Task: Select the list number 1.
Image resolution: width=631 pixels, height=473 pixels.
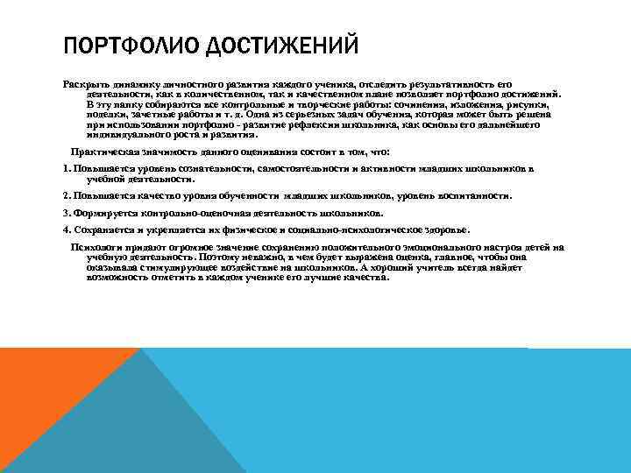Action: click(x=67, y=167)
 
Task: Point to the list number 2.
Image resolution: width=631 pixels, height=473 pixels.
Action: click(x=67, y=196)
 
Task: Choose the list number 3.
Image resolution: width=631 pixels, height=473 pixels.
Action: click(x=67, y=213)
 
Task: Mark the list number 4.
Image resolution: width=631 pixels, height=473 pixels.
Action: click(x=67, y=229)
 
